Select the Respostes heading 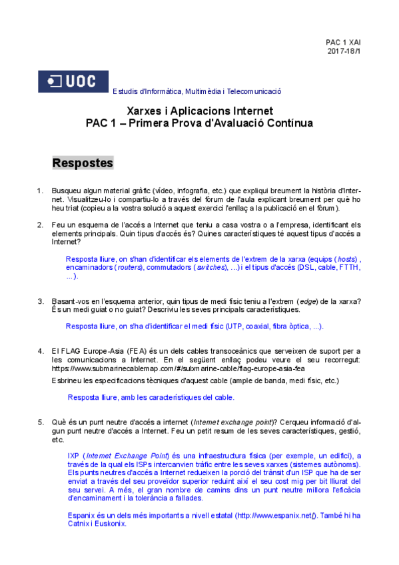pos(83,163)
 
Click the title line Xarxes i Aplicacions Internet pos(199,111)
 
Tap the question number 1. pos(40,191)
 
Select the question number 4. pos(40,350)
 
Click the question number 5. pos(40,422)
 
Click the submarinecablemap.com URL pos(179,368)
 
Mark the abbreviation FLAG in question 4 pos(70,350)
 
